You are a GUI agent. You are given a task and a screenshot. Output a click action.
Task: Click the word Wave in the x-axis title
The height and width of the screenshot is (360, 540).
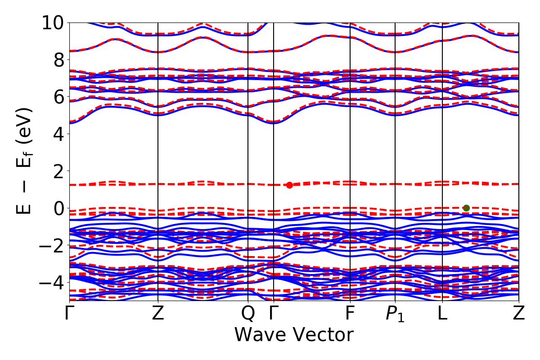point(261,335)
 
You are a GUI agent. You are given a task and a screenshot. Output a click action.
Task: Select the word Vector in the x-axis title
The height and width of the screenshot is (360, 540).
point(323,335)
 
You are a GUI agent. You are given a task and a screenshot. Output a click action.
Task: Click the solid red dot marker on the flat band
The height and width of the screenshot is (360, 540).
point(289,185)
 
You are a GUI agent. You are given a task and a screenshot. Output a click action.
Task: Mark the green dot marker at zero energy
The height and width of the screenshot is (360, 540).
point(466,208)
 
